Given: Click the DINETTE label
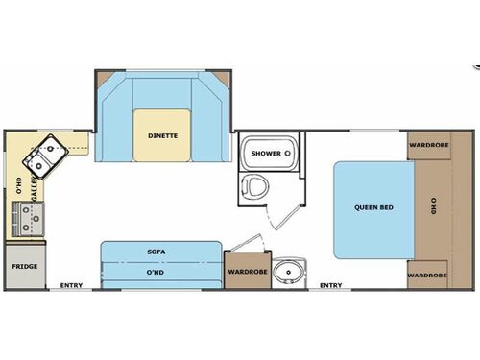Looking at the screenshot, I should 162,136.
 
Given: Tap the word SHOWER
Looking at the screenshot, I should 265,154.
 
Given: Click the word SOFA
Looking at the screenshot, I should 157,252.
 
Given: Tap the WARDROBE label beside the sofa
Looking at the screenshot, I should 247,272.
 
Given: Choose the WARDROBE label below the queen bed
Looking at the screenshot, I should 426,276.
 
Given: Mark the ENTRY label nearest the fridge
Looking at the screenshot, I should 71,285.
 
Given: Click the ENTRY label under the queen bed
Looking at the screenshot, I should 330,285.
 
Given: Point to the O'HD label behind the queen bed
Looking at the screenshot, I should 433,205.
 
